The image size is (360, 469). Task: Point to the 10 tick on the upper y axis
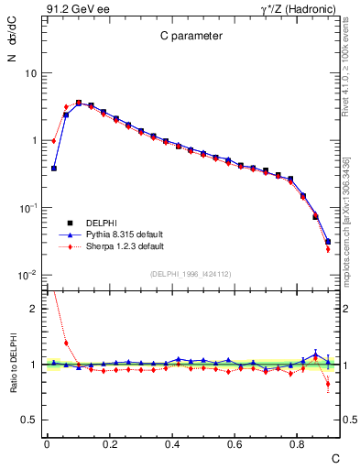(x=30, y=72)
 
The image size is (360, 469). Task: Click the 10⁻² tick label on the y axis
(x=27, y=276)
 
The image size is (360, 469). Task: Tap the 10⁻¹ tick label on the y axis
(x=27, y=208)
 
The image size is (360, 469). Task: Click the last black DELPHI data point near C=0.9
(x=328, y=242)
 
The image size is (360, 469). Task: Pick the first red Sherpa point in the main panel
(x=54, y=141)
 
